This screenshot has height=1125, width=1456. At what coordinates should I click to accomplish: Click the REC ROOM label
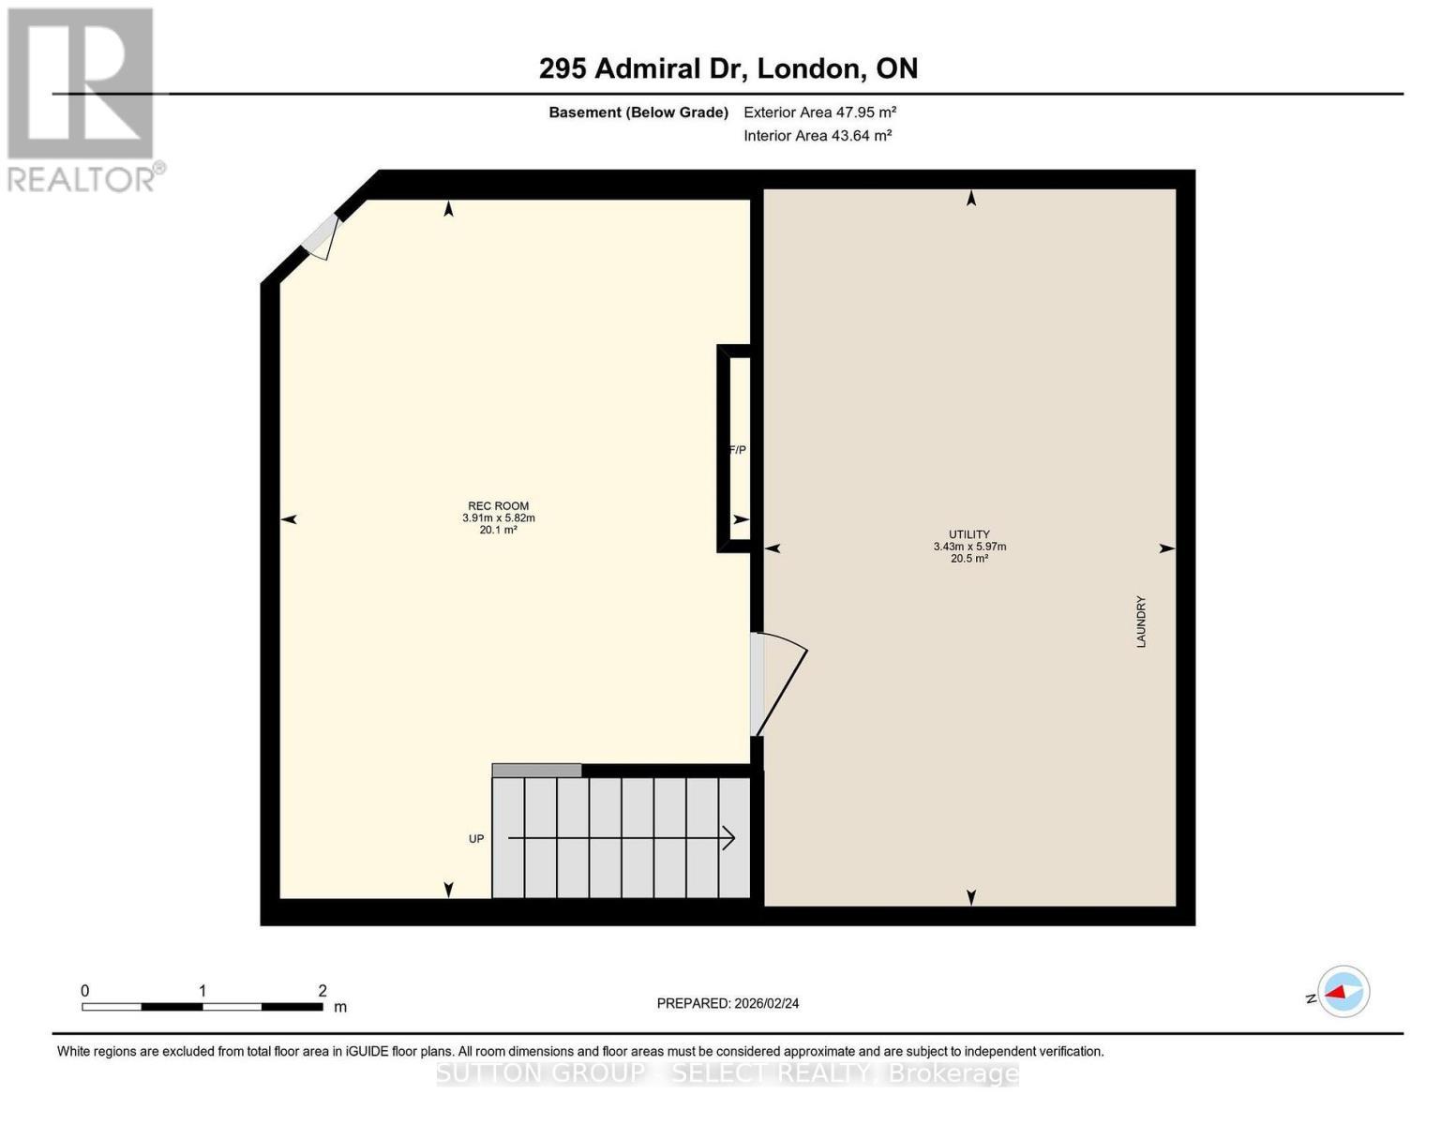[498, 506]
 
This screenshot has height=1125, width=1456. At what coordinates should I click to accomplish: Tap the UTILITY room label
[969, 534]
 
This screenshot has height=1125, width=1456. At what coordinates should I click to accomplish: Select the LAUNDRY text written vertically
[1141, 622]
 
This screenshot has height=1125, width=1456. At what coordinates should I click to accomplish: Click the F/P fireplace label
[738, 450]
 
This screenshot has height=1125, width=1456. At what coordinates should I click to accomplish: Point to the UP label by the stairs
[476, 839]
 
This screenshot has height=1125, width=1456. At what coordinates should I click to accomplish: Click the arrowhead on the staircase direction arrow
[728, 838]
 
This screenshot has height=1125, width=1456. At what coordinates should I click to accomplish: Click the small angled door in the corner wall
[321, 236]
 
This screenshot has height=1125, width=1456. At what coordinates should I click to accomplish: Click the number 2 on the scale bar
[323, 991]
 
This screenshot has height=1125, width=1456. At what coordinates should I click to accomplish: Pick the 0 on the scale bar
[85, 991]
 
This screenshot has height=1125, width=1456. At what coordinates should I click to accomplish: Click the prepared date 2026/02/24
[728, 1003]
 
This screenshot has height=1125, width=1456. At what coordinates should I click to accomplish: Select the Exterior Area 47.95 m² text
[819, 112]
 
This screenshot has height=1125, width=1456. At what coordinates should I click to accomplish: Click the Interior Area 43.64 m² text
[817, 135]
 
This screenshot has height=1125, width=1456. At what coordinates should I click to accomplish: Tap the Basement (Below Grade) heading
[638, 112]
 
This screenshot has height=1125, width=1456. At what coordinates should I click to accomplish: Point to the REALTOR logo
[83, 98]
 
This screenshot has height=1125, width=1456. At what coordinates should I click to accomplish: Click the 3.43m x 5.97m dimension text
[969, 547]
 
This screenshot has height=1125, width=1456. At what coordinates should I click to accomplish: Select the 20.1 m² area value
[498, 530]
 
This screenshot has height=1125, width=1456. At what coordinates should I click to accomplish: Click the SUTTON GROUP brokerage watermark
[728, 1072]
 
